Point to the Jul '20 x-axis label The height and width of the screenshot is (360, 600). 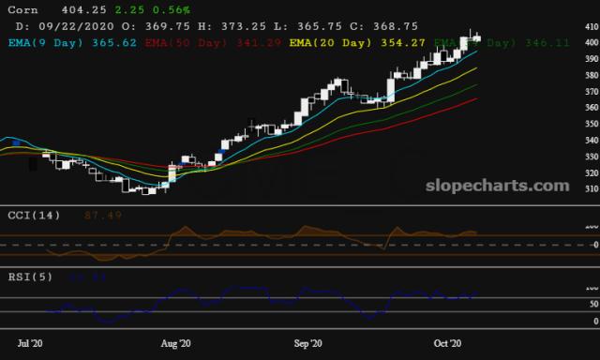pyautogui.click(x=31, y=344)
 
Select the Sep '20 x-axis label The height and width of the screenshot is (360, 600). pyautogui.click(x=310, y=344)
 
